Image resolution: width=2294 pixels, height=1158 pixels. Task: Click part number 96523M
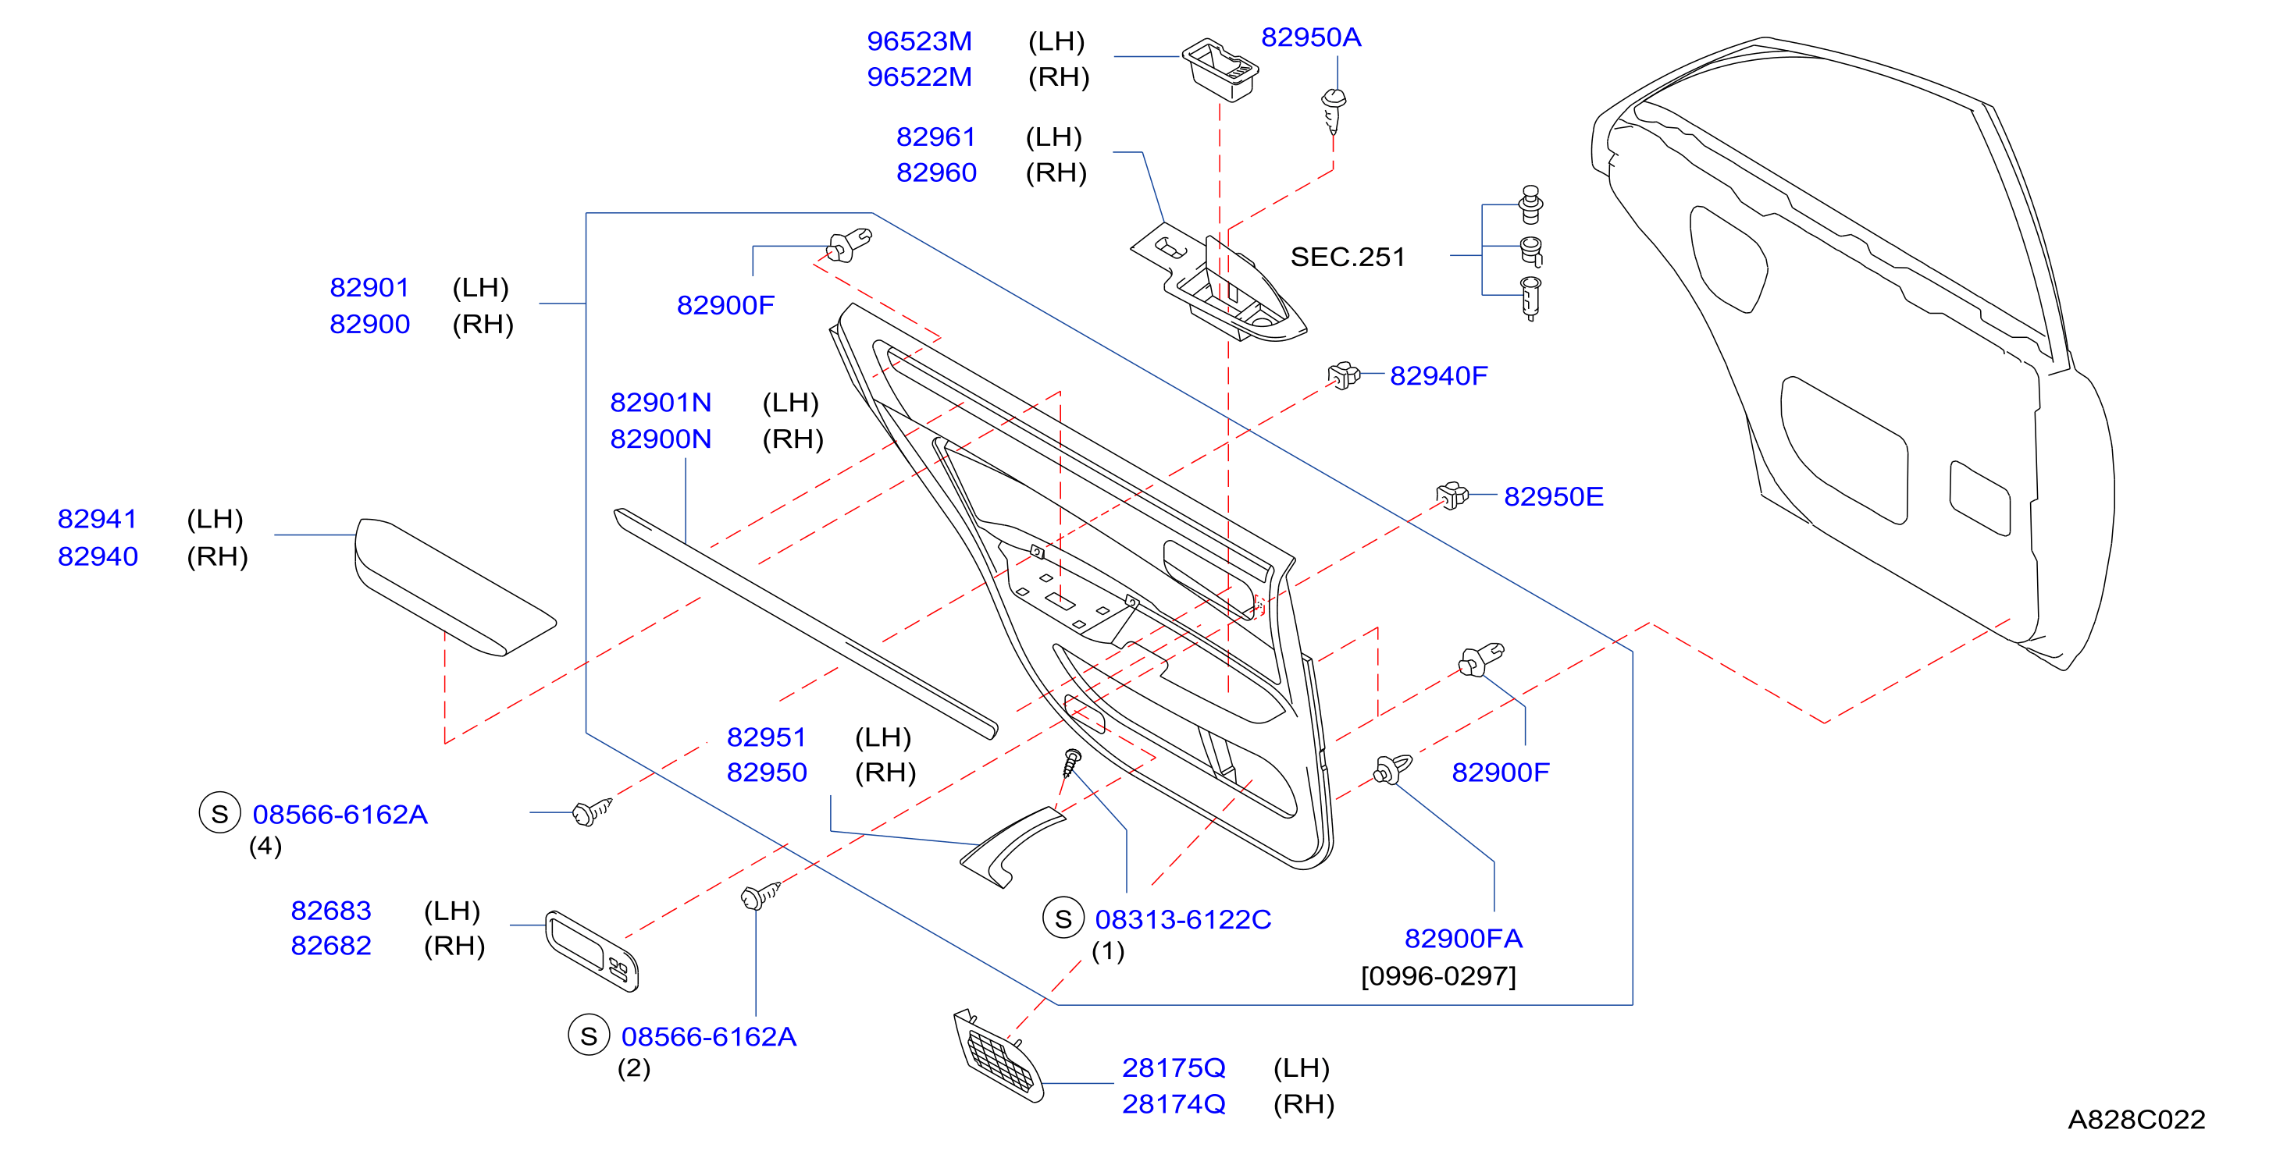pyautogui.click(x=919, y=41)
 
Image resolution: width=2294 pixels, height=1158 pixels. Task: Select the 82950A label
pyautogui.click(x=1311, y=37)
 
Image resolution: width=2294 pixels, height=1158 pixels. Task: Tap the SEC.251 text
pyautogui.click(x=1348, y=258)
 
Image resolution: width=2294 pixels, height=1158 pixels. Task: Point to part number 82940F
pyautogui.click(x=1438, y=375)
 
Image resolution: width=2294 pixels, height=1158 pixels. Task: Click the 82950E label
pyautogui.click(x=1553, y=496)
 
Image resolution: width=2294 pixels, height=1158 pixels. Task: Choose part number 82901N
pyautogui.click(x=660, y=403)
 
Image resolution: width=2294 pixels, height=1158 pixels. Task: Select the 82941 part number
pyautogui.click(x=97, y=519)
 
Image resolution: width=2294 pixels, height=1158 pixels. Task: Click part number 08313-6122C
pyautogui.click(x=1183, y=919)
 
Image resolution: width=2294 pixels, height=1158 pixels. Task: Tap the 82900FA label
pyautogui.click(x=1463, y=938)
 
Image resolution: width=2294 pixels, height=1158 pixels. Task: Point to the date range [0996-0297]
pyautogui.click(x=1438, y=976)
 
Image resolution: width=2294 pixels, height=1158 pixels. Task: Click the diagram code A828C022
pyautogui.click(x=2135, y=1120)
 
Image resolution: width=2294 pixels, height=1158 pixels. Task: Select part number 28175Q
pyautogui.click(x=1173, y=1067)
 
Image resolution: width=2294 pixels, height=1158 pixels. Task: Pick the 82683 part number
pyautogui.click(x=330, y=911)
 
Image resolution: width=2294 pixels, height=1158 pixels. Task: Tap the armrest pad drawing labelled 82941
pyautogui.click(x=454, y=588)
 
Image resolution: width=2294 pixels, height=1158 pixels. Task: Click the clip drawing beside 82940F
pyautogui.click(x=1344, y=375)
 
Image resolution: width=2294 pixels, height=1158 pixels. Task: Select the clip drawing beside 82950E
pyautogui.click(x=1452, y=495)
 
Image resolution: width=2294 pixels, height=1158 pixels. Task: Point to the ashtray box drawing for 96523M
pyautogui.click(x=1220, y=69)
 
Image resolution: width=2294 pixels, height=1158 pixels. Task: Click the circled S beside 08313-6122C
pyautogui.click(x=1063, y=918)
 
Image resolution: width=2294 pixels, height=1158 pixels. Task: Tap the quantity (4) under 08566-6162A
pyautogui.click(x=265, y=846)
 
